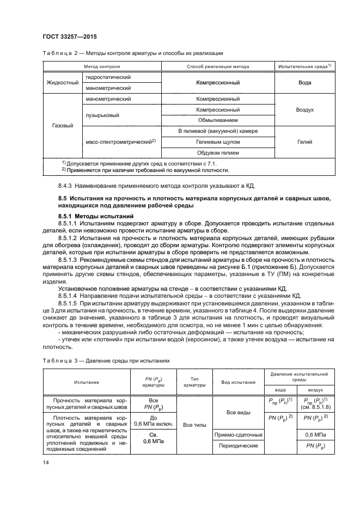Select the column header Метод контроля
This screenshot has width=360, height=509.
(102, 66)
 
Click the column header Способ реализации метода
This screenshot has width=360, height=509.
(218, 66)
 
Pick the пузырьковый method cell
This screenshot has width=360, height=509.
(99, 115)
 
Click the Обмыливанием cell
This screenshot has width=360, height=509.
(218, 120)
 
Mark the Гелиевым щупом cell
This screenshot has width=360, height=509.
(218, 142)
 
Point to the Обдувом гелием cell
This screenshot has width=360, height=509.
(218, 153)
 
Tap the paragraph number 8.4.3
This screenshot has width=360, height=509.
(68, 186)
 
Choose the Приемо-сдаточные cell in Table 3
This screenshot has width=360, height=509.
(240, 435)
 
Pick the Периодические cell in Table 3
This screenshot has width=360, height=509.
(240, 446)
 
